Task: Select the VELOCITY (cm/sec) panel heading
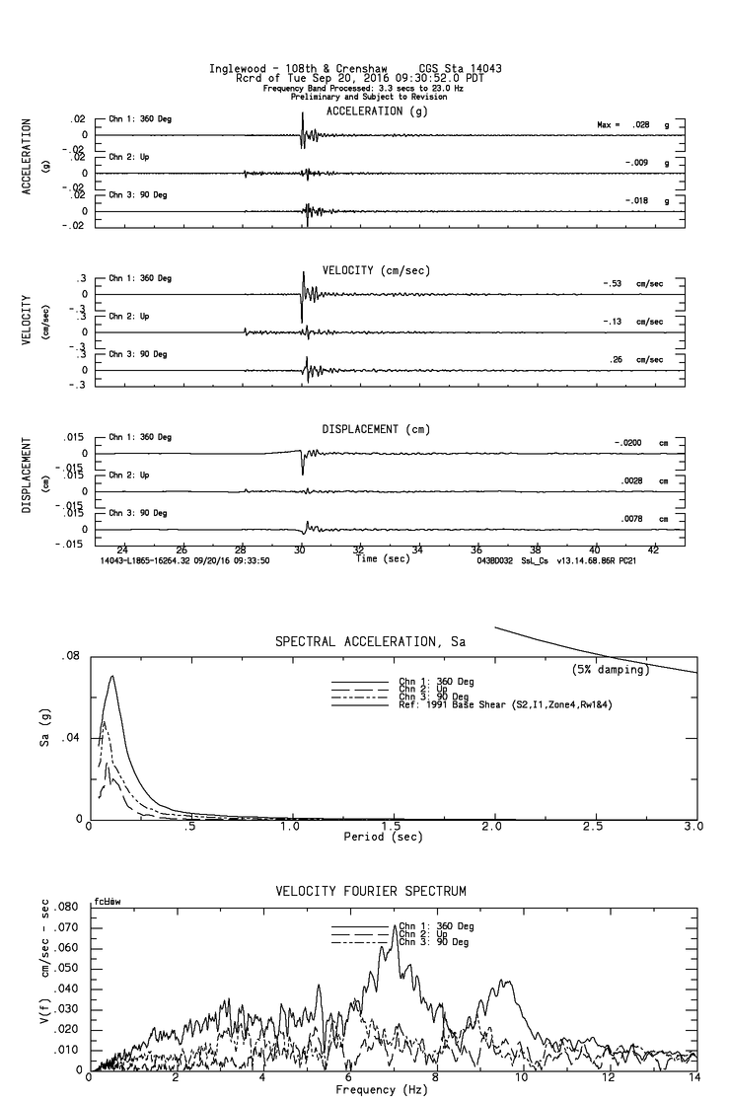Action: click(376, 270)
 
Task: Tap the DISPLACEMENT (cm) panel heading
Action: click(375, 429)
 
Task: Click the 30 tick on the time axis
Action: click(300, 550)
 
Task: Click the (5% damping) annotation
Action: click(611, 670)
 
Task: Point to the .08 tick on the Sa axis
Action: click(71, 656)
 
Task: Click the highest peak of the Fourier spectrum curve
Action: click(396, 925)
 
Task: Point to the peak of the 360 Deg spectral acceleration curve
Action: click(112, 676)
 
